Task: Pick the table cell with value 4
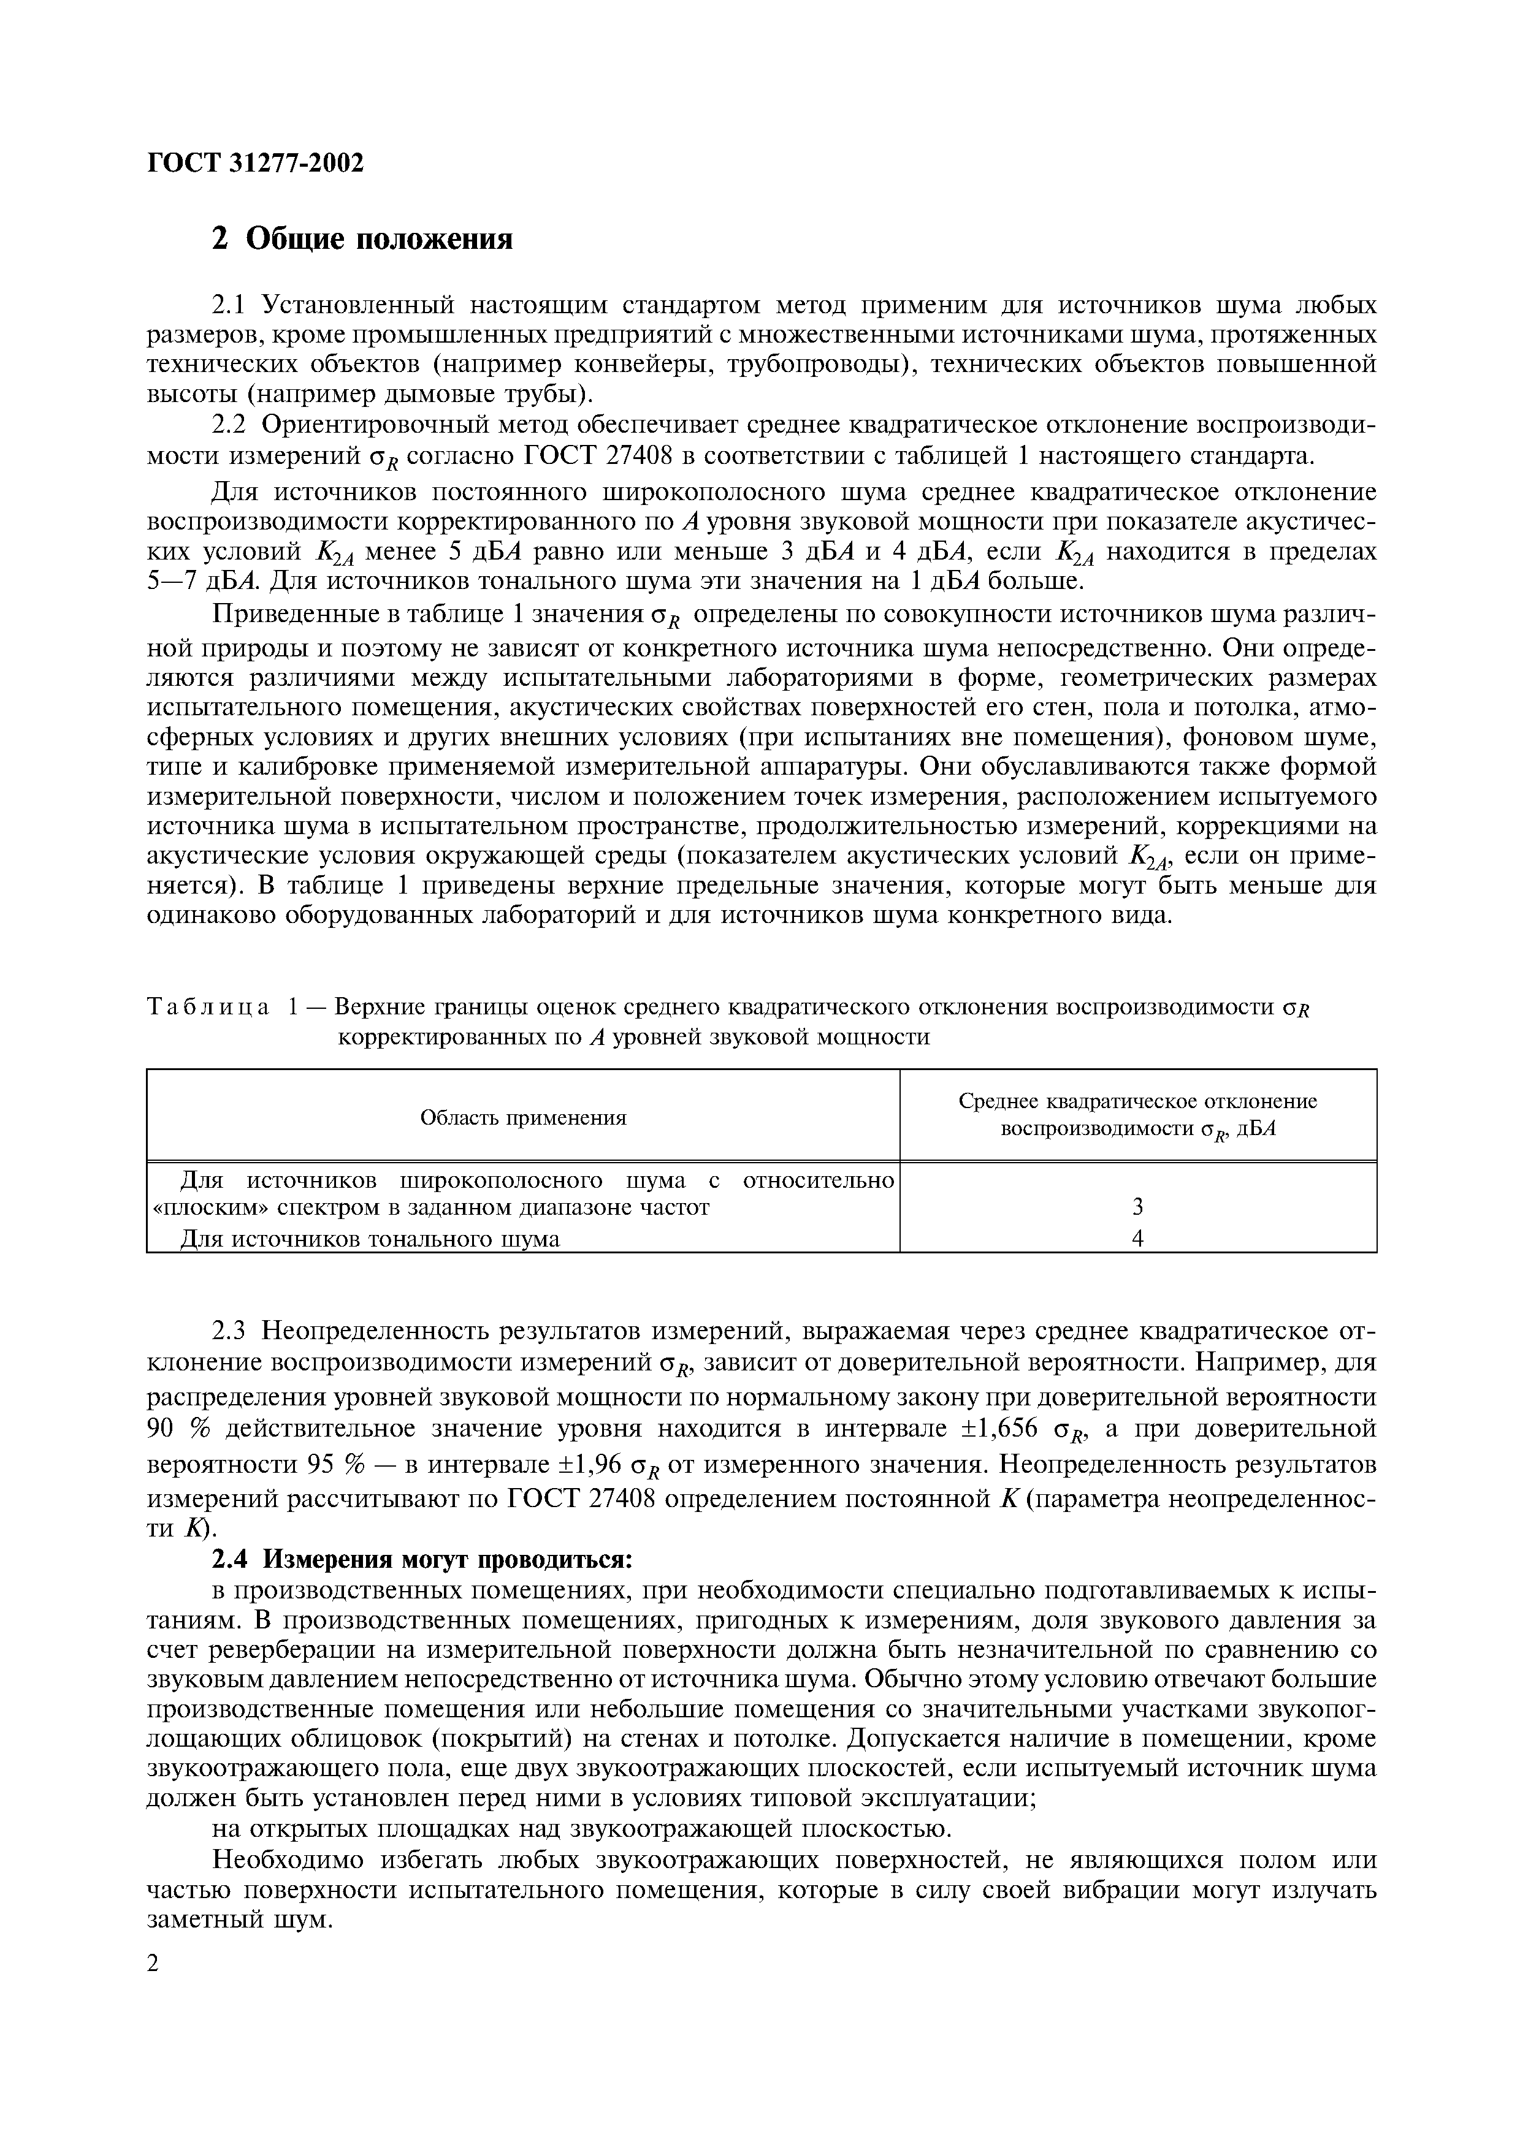(x=1138, y=1238)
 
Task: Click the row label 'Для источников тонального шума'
(x=369, y=1239)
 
